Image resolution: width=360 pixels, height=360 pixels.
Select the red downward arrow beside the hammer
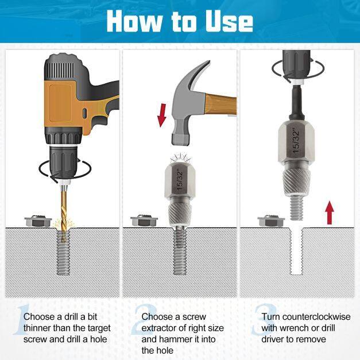click(162, 115)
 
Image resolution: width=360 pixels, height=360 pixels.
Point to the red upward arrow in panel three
click(330, 212)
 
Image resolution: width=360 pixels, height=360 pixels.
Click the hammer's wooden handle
click(221, 104)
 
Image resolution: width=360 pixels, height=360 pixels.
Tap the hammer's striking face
click(181, 140)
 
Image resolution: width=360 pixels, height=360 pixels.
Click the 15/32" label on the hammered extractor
click(180, 180)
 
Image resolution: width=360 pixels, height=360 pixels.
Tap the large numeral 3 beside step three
click(264, 320)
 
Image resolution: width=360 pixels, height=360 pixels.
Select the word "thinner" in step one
click(37, 328)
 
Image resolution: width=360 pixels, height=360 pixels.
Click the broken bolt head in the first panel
click(38, 221)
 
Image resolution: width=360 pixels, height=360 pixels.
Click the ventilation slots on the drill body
click(61, 68)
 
